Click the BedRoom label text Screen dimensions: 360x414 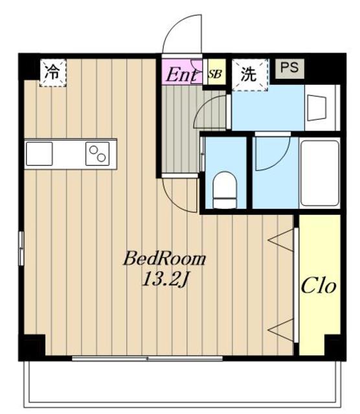click(x=164, y=259)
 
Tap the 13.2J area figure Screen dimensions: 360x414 click(x=165, y=279)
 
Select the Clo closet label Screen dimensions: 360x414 click(x=319, y=285)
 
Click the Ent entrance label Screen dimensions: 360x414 click(x=181, y=74)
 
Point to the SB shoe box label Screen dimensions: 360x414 click(x=215, y=74)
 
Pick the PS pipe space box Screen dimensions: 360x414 click(x=289, y=68)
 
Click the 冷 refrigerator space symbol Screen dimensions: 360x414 click(x=52, y=72)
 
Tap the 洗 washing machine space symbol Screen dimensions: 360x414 click(x=250, y=75)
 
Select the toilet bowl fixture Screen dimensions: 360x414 click(x=225, y=190)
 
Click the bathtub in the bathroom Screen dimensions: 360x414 click(x=320, y=173)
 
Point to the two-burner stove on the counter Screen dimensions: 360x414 click(x=97, y=154)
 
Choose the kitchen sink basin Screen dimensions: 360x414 click(x=39, y=154)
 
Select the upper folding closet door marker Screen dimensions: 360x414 click(x=281, y=240)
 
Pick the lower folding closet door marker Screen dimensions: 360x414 click(x=281, y=330)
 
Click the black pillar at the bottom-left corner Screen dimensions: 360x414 click(x=32, y=347)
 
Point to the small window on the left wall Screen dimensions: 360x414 click(x=21, y=248)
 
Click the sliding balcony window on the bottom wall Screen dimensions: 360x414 click(x=147, y=358)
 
